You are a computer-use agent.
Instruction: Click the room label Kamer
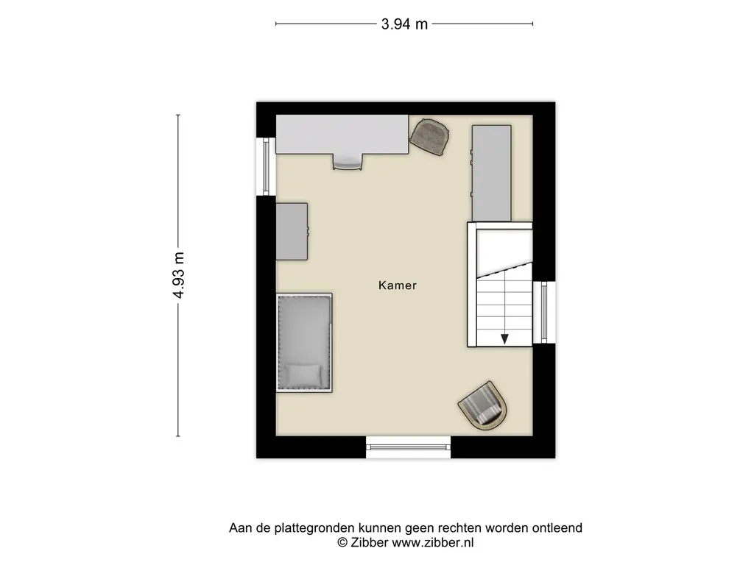pos(397,285)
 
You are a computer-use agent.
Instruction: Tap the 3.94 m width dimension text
pos(404,24)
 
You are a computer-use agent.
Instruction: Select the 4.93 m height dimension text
pos(178,275)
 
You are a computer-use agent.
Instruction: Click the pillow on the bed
pos(303,374)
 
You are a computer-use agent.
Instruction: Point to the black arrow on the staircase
pos(504,339)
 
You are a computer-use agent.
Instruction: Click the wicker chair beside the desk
pos(429,137)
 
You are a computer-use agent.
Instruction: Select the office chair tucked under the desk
pos(348,162)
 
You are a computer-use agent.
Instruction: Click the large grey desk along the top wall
pos(342,135)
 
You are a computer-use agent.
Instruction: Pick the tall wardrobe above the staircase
pos(491,174)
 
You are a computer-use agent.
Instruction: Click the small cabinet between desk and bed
pos(292,232)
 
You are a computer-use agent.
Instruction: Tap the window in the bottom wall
pos(408,447)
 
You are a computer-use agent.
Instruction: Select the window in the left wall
pos(266,167)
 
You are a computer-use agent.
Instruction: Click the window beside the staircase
pos(544,312)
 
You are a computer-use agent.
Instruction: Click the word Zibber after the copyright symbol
pos(370,542)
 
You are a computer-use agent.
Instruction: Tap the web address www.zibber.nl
pos(433,543)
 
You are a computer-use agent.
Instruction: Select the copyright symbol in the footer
pos(342,542)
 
